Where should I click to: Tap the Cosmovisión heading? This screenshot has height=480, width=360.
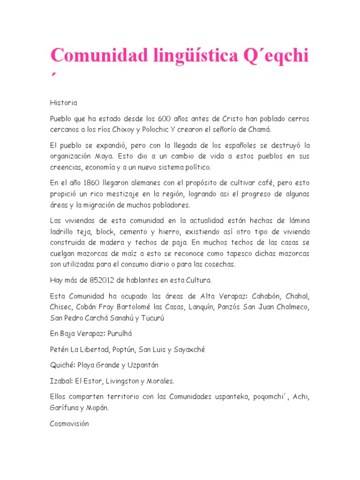69,423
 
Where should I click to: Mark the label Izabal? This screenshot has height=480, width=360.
61,381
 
